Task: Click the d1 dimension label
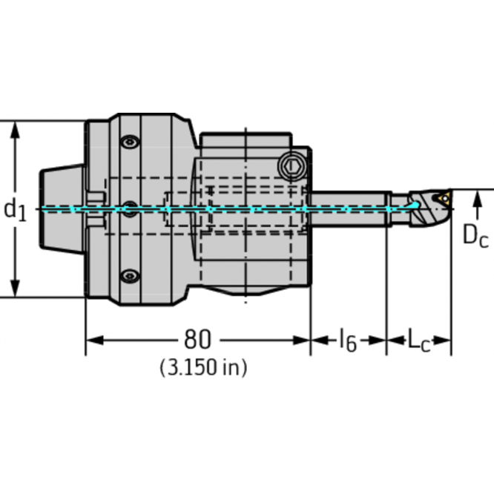(15, 210)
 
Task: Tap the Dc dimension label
(475, 236)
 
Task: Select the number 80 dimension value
(197, 340)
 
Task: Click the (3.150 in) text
(203, 367)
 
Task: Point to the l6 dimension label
(348, 340)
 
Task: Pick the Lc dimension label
(418, 340)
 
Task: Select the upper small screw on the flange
(130, 142)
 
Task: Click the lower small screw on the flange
(130, 276)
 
